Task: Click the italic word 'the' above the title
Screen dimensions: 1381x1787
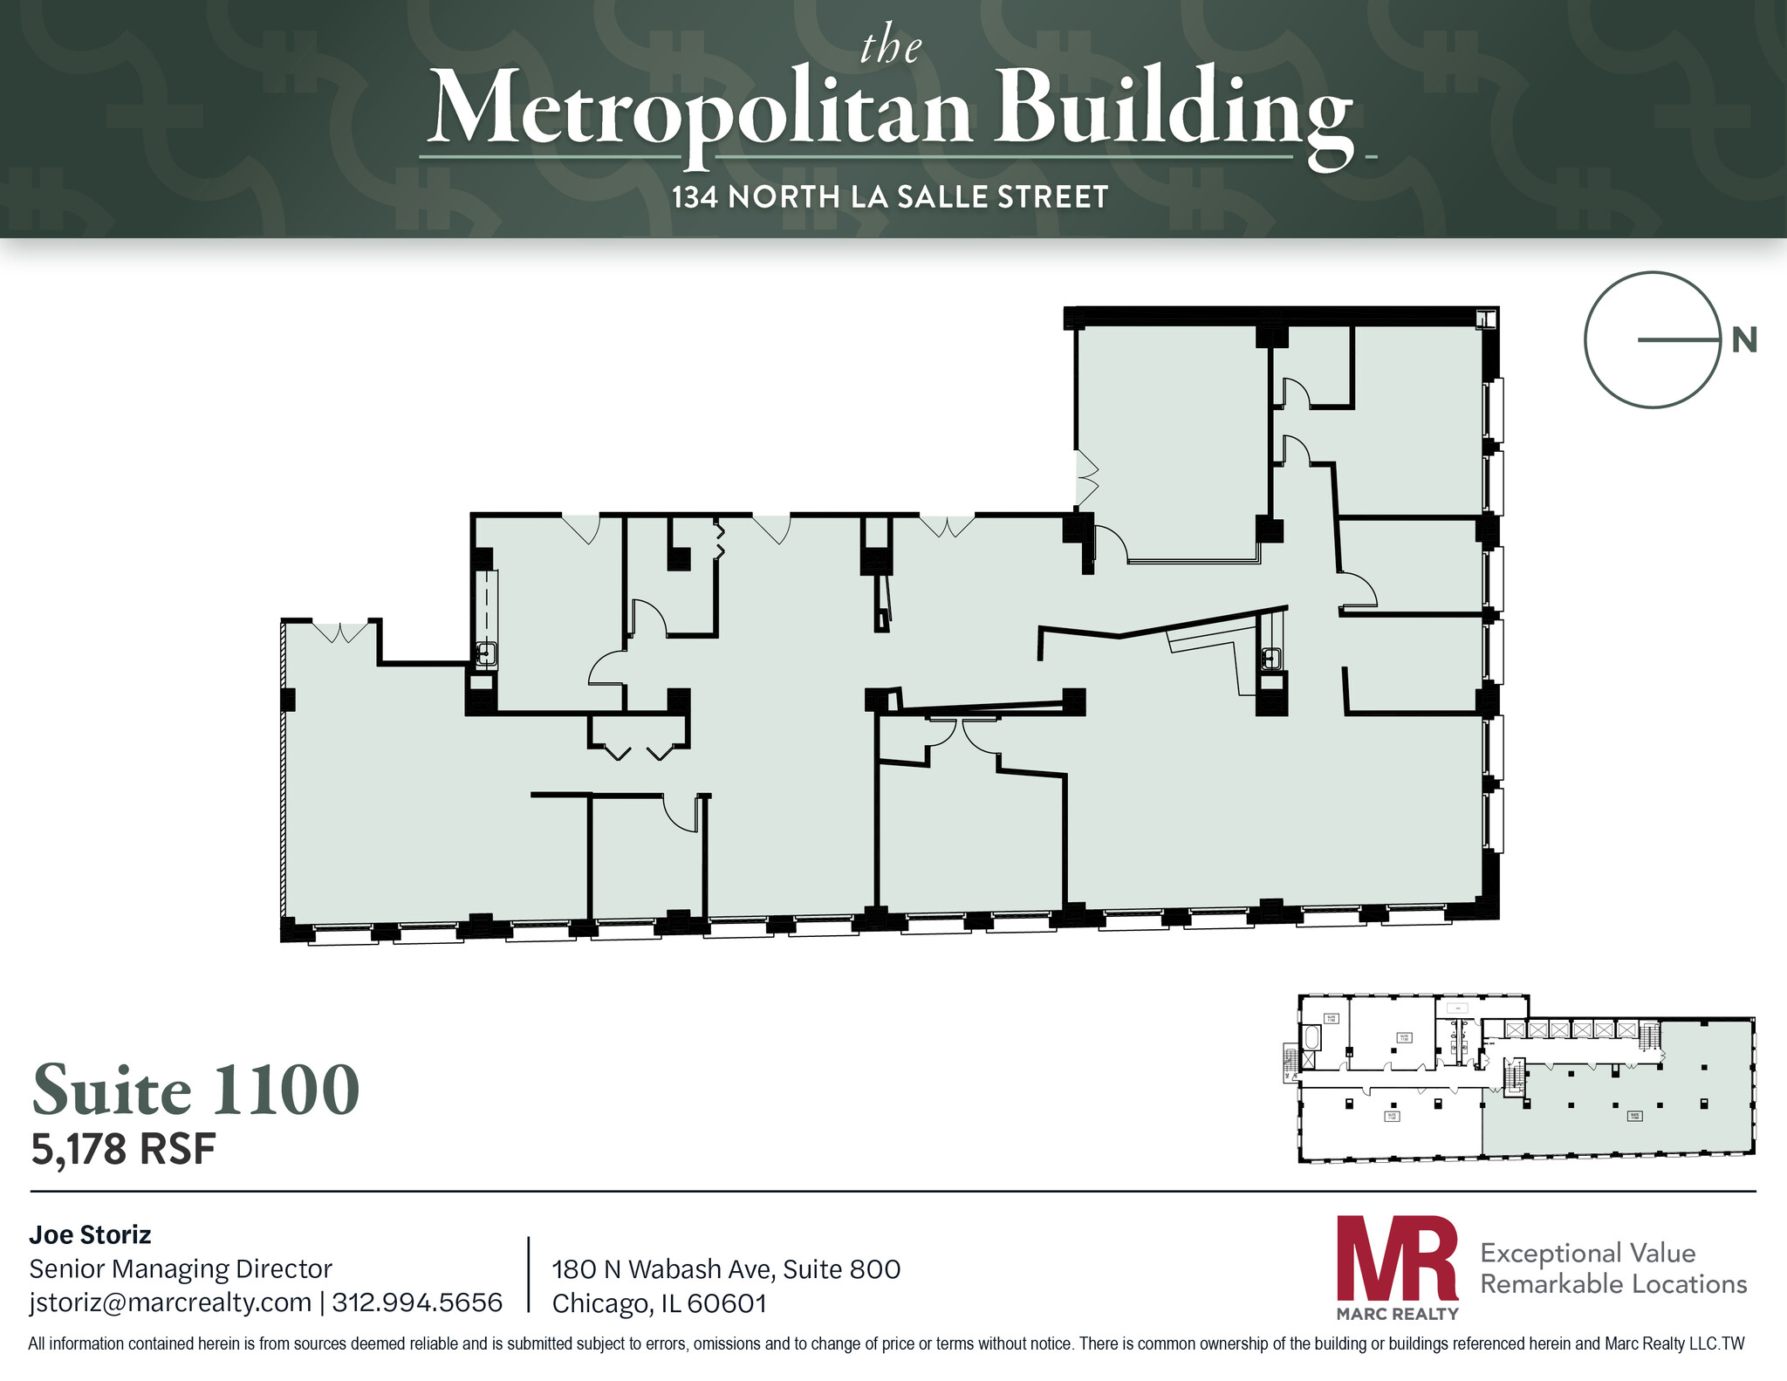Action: tap(891, 47)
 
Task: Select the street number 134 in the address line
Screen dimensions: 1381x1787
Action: tap(695, 197)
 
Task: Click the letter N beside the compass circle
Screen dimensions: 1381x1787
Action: tap(1743, 340)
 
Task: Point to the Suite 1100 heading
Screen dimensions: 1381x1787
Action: tap(196, 1090)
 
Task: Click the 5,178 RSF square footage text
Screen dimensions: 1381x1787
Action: tap(123, 1149)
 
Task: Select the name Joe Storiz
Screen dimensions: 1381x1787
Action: tap(90, 1234)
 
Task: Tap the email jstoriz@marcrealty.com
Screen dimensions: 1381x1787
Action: tap(170, 1302)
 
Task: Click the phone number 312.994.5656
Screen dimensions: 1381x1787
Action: tap(417, 1302)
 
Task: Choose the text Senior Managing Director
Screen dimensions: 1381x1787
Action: tap(181, 1268)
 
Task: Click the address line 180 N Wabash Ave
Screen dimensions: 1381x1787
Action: tap(726, 1268)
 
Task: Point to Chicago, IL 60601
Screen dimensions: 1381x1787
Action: tap(660, 1303)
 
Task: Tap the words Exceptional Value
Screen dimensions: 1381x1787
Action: tap(1587, 1253)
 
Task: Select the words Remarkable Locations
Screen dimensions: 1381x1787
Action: tap(1613, 1284)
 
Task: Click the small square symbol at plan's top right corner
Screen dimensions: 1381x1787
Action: tap(1485, 319)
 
